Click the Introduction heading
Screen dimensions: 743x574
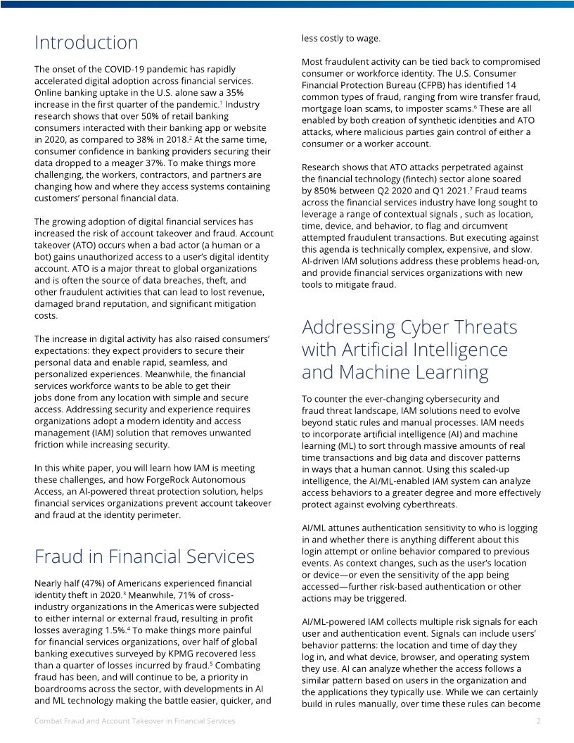point(87,43)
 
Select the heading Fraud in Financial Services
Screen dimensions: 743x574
point(144,557)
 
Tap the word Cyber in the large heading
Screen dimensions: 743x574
point(424,327)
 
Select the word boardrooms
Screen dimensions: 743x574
point(65,689)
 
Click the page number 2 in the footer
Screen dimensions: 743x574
point(538,722)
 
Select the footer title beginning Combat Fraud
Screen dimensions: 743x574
point(135,722)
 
